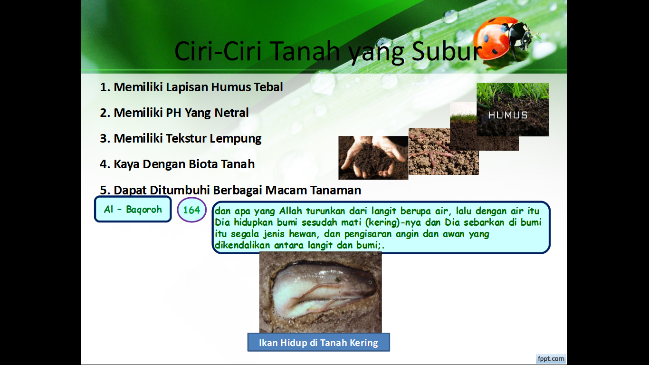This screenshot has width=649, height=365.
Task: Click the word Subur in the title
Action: (447, 51)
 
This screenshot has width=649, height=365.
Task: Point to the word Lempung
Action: (235, 139)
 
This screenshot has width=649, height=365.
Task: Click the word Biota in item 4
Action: (203, 164)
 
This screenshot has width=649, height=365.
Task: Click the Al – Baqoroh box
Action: (133, 209)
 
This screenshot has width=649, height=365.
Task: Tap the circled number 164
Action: (191, 210)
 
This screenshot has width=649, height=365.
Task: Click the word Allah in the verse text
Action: (290, 211)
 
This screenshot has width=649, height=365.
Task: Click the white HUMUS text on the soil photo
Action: (507, 115)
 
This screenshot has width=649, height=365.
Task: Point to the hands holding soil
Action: (373, 158)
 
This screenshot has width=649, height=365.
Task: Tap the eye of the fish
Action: (370, 282)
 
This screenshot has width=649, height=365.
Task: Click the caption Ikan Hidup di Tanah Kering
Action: (318, 342)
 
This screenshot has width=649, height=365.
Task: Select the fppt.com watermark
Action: (551, 359)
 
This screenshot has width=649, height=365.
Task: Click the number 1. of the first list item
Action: (105, 87)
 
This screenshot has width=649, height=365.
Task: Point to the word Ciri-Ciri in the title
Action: (218, 51)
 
